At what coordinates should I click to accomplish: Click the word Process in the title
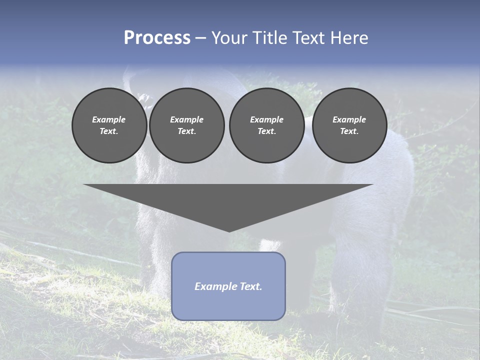[x=157, y=38]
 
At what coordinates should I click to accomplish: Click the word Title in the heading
[x=268, y=38]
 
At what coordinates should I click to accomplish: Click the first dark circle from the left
[x=109, y=125]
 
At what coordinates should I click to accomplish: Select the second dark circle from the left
[x=186, y=125]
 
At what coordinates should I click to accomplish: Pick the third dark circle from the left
[x=266, y=125]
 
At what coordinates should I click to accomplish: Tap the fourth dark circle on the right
[x=349, y=125]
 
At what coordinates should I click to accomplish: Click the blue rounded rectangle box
[x=228, y=286]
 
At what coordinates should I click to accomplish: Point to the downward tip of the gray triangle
[x=229, y=231]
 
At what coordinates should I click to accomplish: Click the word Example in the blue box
[x=215, y=286]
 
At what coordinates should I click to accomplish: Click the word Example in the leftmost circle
[x=109, y=119]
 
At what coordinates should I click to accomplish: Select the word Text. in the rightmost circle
[x=349, y=131]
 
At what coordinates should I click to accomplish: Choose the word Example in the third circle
[x=266, y=119]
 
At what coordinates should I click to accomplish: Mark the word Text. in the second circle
[x=186, y=131]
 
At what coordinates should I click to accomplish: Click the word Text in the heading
[x=308, y=38]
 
